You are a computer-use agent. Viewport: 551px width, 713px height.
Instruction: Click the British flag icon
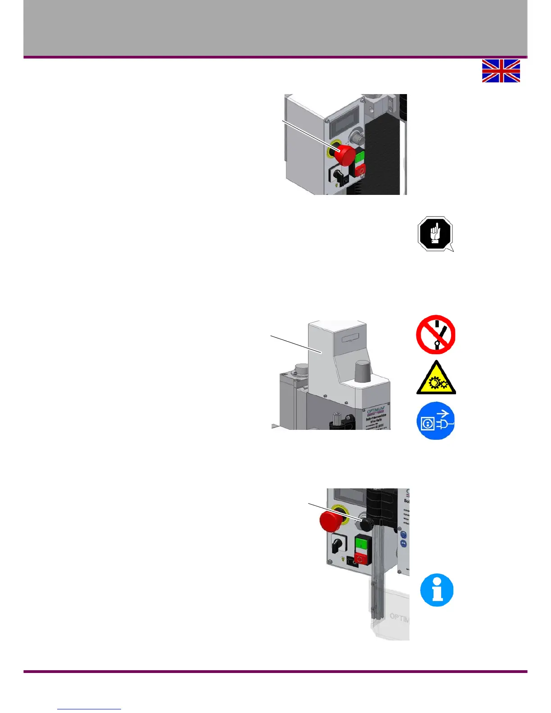click(501, 71)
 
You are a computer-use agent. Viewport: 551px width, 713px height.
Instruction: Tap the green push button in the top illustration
click(360, 157)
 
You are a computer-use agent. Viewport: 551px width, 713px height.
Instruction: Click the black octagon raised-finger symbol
click(435, 234)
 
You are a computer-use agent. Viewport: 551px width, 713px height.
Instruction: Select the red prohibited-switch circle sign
click(436, 334)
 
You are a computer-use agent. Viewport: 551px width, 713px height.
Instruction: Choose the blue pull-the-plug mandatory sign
click(436, 421)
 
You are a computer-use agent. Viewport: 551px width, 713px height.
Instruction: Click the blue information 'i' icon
click(437, 590)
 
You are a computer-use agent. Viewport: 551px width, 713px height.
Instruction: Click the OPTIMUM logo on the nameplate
click(375, 411)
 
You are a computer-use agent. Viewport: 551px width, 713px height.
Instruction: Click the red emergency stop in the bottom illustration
click(331, 521)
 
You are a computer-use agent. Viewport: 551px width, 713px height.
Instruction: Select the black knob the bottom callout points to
click(367, 524)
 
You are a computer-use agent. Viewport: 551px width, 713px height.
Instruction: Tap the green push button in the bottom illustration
click(361, 543)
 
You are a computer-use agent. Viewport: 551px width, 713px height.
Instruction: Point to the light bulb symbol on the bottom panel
click(343, 559)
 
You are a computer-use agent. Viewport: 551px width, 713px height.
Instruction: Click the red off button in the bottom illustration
click(360, 558)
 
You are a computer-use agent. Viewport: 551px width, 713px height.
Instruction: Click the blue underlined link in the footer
click(89, 708)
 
